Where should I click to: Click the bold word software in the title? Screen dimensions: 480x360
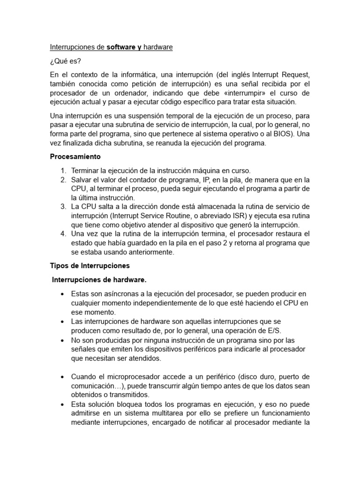point(121,47)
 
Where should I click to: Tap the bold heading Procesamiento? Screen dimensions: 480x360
point(75,156)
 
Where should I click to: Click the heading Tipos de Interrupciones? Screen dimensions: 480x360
point(90,265)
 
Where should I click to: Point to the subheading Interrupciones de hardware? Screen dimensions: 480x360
point(99,280)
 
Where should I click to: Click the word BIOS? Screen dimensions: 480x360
point(281,134)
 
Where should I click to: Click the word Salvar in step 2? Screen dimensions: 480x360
point(82,180)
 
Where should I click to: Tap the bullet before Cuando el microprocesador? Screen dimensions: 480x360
point(62,377)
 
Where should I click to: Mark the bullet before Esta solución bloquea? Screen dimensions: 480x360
point(62,404)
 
